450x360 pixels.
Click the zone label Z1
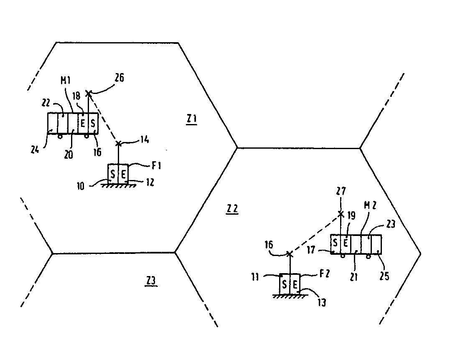[x=192, y=118]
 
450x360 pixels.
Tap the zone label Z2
[x=232, y=209]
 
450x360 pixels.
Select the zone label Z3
[x=151, y=280]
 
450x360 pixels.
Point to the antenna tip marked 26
[x=89, y=93]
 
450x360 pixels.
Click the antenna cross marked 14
[x=118, y=143]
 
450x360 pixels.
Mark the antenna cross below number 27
[x=341, y=214]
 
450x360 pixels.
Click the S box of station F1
[x=113, y=174]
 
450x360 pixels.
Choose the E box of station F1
[x=123, y=174]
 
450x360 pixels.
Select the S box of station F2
[x=285, y=284]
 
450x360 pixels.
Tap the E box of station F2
[x=295, y=284]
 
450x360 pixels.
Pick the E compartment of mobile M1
[x=83, y=123]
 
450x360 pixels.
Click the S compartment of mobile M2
[x=335, y=244]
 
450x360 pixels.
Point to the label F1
[x=156, y=166]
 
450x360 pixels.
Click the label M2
[x=370, y=205]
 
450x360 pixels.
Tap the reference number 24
[x=35, y=149]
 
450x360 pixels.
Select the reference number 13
[x=322, y=303]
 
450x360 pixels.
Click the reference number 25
[x=384, y=276]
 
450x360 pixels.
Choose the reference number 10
[x=81, y=186]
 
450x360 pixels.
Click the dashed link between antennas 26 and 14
[x=103, y=118]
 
